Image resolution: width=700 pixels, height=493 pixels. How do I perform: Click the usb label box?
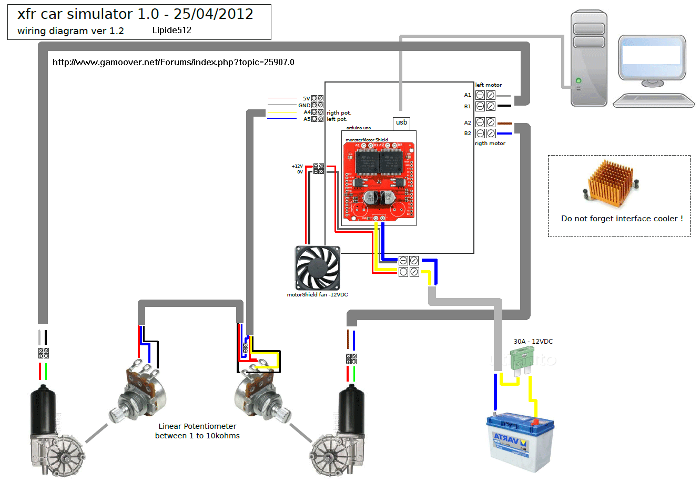(401, 122)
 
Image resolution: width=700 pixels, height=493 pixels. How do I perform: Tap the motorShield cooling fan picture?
(318, 268)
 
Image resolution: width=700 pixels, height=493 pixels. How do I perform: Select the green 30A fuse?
(522, 362)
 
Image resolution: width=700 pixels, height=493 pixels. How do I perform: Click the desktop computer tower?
(589, 58)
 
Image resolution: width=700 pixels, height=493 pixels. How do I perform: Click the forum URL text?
(174, 62)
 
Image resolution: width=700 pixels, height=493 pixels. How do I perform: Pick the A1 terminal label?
(468, 95)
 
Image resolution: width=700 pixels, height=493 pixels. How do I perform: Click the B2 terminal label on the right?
(468, 133)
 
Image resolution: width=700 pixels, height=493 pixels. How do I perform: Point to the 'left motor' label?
(489, 85)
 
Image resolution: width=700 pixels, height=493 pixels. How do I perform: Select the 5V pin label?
(306, 98)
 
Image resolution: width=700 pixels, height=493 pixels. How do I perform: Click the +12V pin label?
(297, 166)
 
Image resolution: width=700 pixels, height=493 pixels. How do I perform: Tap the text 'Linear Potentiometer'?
(197, 426)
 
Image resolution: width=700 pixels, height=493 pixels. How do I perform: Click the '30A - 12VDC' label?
(533, 341)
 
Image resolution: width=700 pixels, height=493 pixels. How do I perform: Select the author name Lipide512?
(172, 30)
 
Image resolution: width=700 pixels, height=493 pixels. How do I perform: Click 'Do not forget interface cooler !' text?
(622, 219)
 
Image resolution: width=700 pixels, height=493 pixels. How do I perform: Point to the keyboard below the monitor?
(654, 100)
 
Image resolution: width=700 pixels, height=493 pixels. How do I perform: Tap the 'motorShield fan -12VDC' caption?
(317, 294)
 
